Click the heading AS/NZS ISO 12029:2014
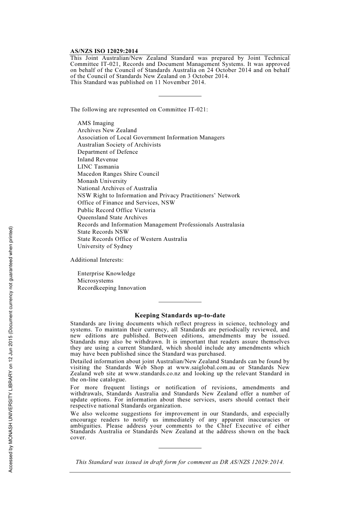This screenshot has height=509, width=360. coord(104,51)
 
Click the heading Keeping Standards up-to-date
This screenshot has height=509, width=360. coord(180,315)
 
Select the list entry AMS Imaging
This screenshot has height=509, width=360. coord(95,123)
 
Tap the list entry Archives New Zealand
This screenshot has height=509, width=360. coord(107,130)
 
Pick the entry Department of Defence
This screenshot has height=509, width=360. coord(108,152)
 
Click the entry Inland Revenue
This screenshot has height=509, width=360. coord(98,159)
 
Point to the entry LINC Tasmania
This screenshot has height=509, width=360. coord(98,167)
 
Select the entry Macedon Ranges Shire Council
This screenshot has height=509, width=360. coord(118,174)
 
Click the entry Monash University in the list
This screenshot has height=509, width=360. coord(102,181)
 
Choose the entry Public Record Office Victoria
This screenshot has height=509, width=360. coord(116,210)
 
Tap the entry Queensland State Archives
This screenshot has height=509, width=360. coord(113,217)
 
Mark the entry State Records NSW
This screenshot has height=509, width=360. coord(103,232)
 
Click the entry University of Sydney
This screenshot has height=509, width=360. coord(105,246)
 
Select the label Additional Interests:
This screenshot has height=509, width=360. coord(97,260)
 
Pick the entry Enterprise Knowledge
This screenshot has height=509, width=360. coord(106,273)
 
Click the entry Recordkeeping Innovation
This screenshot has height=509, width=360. coord(111,288)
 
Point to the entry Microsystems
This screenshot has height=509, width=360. coord(95,281)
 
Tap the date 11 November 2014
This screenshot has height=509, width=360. coord(180,82)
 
